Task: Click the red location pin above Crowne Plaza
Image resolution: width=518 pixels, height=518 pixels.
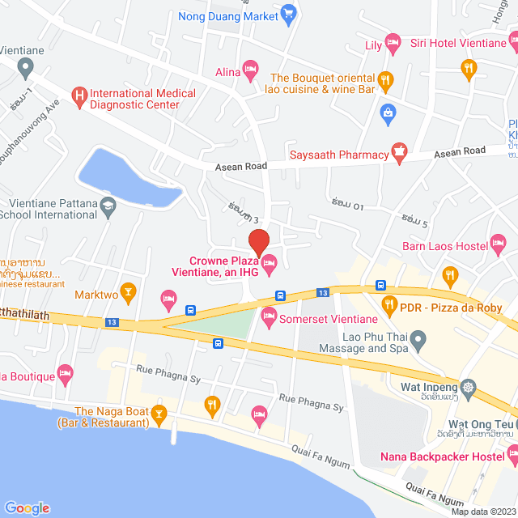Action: point(258,241)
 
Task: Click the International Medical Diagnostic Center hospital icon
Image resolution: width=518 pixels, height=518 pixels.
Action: point(79,99)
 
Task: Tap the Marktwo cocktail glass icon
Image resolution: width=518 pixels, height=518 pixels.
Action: point(127,290)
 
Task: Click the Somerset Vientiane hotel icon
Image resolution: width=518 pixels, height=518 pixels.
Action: point(270,316)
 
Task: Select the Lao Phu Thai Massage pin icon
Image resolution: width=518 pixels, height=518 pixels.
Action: point(418,340)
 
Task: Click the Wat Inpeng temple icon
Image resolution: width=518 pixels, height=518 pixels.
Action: point(469,387)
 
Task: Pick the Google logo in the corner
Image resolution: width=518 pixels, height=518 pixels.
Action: point(27,508)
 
